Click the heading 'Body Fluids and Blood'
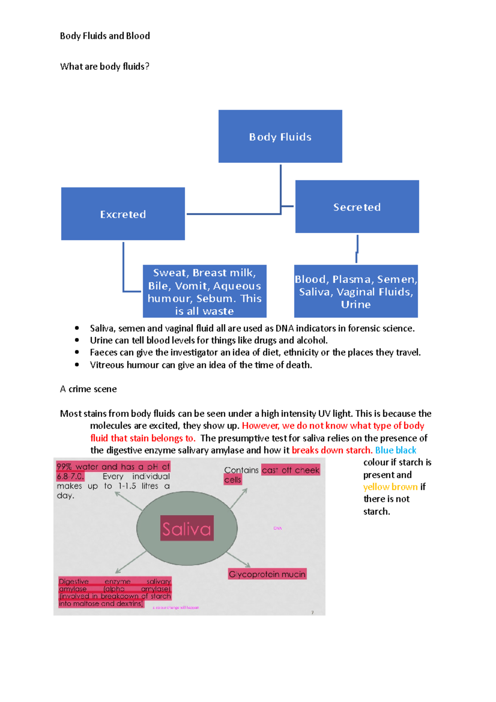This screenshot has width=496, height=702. [105, 36]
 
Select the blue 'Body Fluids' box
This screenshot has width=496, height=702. [280, 136]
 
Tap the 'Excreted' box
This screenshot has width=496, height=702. [123, 214]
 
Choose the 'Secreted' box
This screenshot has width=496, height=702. [357, 207]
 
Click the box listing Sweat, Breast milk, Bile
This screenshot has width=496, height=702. [205, 291]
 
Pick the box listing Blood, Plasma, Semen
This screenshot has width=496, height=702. [356, 291]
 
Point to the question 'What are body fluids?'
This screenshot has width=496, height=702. [105, 67]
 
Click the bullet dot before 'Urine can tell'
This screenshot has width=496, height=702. [77, 340]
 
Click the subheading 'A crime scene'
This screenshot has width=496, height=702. [88, 389]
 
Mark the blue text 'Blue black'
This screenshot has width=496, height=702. [396, 450]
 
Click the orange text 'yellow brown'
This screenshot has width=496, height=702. [390, 487]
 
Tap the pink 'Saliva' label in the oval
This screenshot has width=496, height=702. [187, 529]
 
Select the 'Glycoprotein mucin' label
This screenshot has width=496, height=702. [267, 574]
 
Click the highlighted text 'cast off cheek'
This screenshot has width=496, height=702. [291, 470]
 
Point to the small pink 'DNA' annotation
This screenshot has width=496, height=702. [277, 528]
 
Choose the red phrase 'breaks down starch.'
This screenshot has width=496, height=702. [332, 450]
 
